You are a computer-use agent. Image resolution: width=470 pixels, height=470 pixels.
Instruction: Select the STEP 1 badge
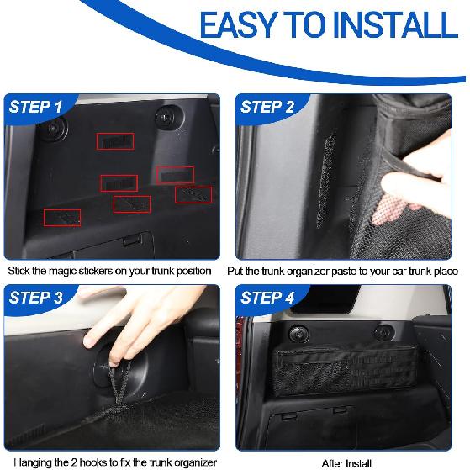coord(35,107)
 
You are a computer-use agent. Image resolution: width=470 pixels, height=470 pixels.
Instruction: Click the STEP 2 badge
coord(267,107)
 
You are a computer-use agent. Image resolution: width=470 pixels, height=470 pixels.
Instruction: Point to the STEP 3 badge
coord(35,298)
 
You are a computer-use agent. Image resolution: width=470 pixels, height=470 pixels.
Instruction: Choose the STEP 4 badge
coord(267,298)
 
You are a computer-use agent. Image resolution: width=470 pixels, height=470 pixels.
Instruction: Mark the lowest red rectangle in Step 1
coord(62,218)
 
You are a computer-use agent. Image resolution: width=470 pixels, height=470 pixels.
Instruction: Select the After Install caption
coord(346,462)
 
